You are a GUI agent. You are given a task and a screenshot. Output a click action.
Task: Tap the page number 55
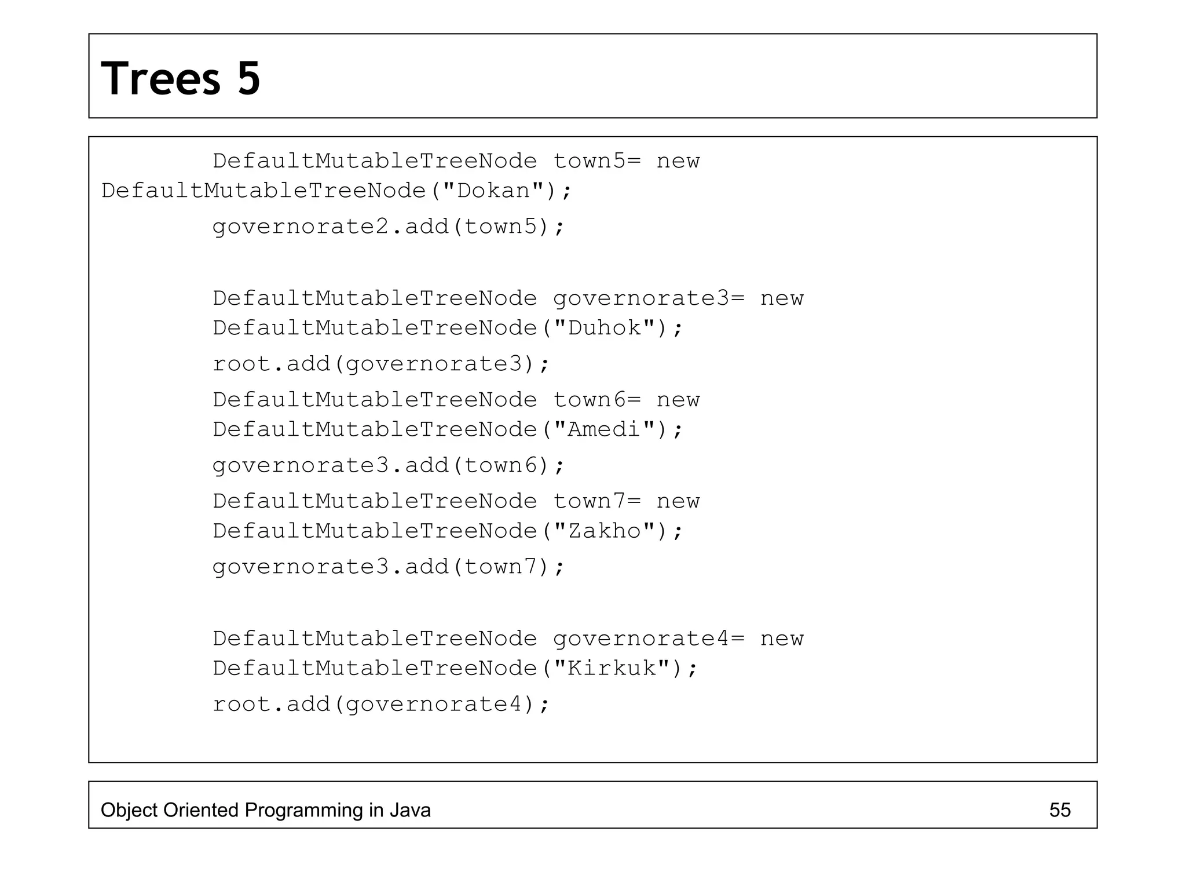coord(1060,810)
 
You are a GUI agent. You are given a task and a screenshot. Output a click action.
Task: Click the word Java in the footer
coord(410,810)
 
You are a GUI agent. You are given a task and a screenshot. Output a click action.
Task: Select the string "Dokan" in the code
coord(494,191)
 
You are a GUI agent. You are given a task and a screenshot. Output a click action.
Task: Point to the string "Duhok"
coord(605,328)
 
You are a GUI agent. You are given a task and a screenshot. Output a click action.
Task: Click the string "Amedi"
coord(605,429)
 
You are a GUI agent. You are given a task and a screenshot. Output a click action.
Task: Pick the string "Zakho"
coord(605,531)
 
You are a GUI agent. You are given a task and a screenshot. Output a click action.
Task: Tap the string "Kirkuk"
coord(612,668)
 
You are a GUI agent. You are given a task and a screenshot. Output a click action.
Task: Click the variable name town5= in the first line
coord(597,161)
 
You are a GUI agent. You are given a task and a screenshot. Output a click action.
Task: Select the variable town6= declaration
coord(597,400)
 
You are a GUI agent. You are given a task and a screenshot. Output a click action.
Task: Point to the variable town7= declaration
coord(597,501)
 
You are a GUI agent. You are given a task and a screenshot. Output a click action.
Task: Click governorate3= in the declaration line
coord(649,298)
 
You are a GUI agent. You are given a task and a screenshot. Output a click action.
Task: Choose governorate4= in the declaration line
coord(649,639)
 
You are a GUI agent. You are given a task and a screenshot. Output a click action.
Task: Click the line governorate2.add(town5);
coord(388,227)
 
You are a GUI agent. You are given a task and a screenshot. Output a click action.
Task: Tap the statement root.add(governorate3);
coord(380,364)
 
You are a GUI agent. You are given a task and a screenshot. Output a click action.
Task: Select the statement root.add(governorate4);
coord(380,704)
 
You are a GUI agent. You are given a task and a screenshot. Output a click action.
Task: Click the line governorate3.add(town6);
coord(388,465)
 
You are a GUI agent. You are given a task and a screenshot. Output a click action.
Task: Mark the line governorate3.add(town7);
coord(388,567)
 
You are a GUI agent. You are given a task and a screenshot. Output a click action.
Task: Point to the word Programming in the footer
coord(303,810)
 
